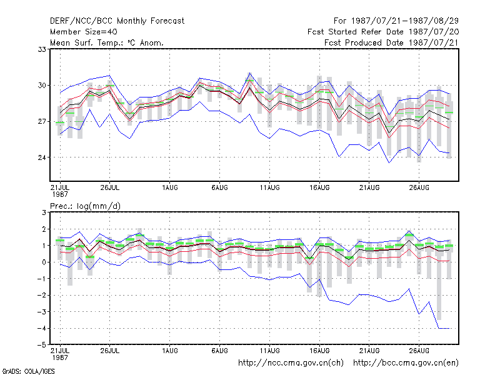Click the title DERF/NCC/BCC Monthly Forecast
(x=117, y=21)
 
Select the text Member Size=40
(x=84, y=32)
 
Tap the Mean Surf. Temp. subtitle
(x=107, y=42)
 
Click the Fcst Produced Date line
(x=391, y=42)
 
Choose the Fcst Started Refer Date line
(x=383, y=32)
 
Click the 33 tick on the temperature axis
(x=42, y=49)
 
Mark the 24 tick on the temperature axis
(x=42, y=157)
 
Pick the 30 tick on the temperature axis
(x=42, y=86)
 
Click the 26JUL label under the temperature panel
(x=110, y=187)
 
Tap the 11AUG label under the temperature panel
(x=269, y=187)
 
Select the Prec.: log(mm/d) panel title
(x=85, y=206)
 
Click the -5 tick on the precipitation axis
(x=41, y=345)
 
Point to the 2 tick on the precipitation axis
(x=44, y=229)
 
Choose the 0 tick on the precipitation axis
(x=44, y=262)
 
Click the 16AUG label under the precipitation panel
(x=319, y=351)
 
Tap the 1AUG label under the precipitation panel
(x=169, y=351)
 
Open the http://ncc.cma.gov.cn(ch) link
(x=291, y=363)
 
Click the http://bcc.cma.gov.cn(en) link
(x=406, y=363)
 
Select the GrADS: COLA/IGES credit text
(x=29, y=371)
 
